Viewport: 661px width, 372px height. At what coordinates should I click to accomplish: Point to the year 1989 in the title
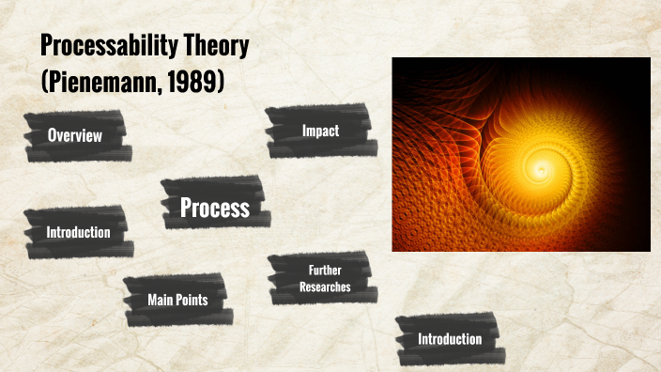pos(192,80)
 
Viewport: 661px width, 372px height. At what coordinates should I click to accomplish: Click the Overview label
pos(75,136)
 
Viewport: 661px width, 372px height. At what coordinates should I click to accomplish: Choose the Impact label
pos(320,132)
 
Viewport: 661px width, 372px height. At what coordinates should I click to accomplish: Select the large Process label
pos(215,208)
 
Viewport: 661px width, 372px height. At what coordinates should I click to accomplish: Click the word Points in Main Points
pos(195,300)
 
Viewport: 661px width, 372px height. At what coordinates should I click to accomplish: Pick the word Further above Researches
pos(325,271)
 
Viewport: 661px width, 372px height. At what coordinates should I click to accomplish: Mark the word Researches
pos(325,286)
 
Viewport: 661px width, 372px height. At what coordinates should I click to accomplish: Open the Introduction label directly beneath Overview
pos(78,232)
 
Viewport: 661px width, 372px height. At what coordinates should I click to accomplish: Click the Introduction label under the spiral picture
pos(450,339)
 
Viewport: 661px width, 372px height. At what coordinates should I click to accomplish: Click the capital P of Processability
pos(47,47)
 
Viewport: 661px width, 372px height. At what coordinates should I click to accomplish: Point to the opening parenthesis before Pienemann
pos(44,81)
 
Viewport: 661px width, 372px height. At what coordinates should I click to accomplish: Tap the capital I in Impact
pos(304,132)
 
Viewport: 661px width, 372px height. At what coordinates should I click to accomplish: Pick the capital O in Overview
pos(53,136)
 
